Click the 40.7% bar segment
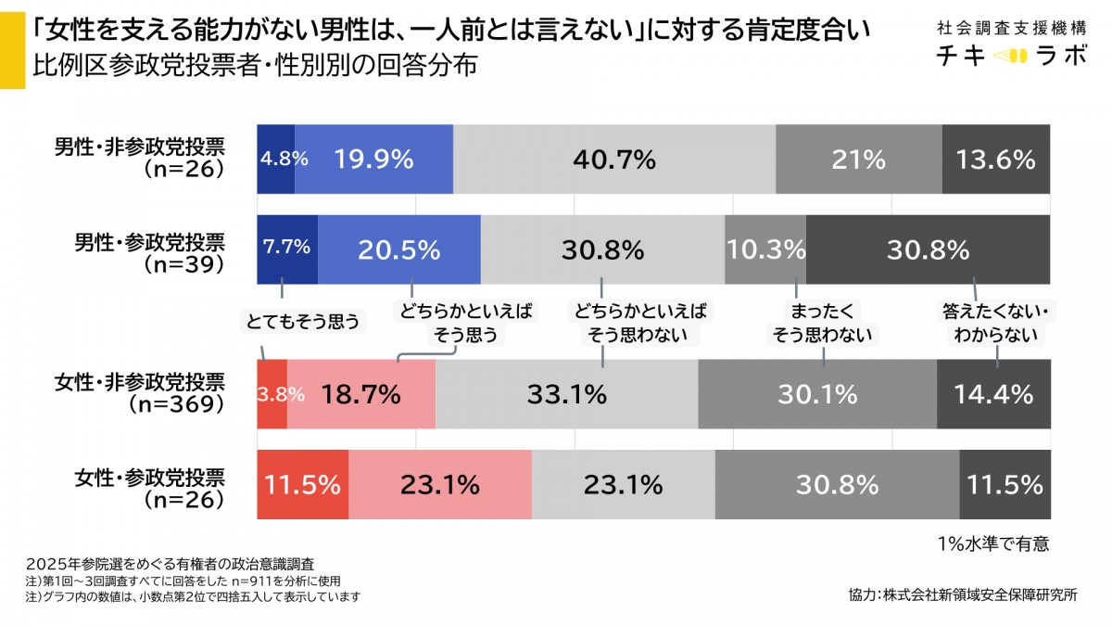613,159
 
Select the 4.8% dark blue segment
275,159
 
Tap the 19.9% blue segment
373,159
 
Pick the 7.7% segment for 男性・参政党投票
286,249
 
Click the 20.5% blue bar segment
398,249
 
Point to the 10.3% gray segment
765,249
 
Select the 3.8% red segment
272,394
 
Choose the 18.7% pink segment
360,394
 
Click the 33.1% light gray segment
566,394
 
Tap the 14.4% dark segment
993,394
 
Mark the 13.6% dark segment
996,159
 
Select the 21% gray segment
858,159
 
